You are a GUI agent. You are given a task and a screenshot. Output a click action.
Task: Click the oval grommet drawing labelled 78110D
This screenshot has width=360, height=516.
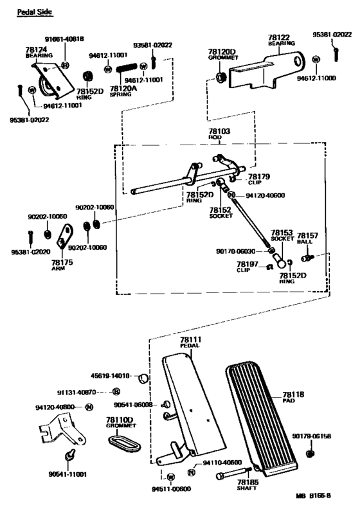[120, 443]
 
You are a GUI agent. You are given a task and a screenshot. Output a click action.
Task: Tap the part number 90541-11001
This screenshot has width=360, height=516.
[67, 474]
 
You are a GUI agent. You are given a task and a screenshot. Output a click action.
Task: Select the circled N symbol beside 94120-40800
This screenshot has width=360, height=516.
[89, 407]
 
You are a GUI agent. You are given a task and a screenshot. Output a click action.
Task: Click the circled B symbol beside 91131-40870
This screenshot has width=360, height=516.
[116, 391]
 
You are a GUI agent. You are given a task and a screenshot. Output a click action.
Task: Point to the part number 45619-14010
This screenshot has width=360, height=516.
[112, 375]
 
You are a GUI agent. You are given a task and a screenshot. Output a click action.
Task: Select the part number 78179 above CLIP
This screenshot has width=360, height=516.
[259, 176]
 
